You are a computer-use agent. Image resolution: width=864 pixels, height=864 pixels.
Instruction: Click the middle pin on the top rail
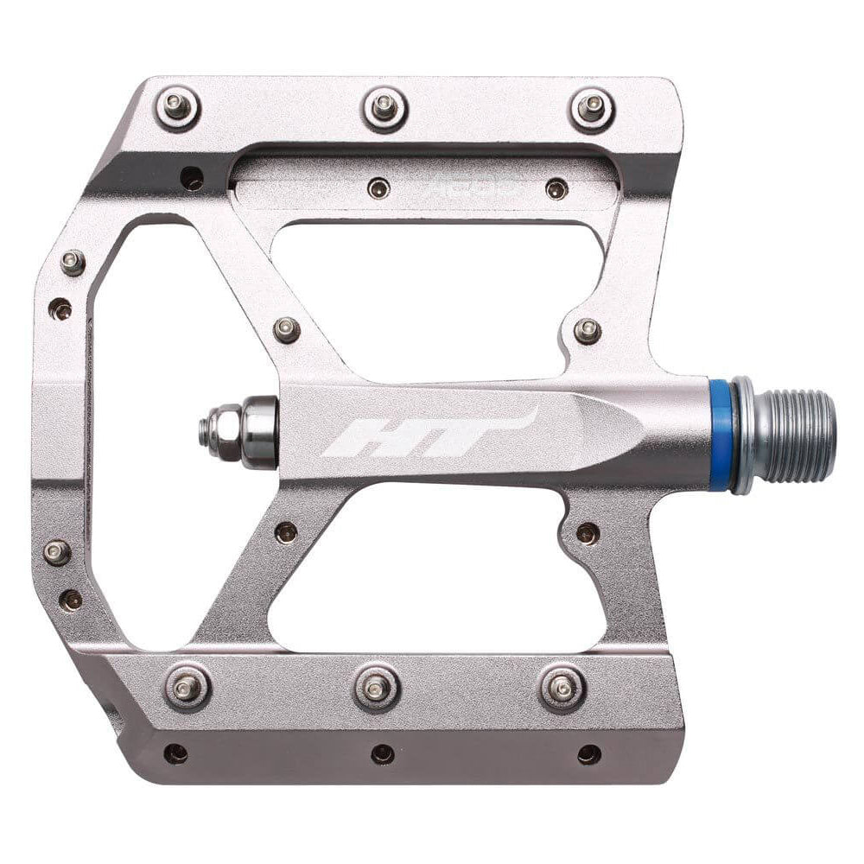(384, 107)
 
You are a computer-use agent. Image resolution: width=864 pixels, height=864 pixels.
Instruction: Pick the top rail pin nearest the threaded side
(592, 109)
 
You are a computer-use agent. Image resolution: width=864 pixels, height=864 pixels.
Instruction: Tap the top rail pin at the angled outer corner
(178, 106)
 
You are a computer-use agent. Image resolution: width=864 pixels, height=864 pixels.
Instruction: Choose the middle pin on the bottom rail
(376, 686)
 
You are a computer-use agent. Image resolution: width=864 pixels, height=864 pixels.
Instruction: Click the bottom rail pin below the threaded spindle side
(562, 686)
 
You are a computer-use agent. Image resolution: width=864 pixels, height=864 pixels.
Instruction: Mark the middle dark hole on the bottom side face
(383, 754)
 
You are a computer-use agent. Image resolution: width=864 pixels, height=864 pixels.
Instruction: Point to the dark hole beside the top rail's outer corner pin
(192, 179)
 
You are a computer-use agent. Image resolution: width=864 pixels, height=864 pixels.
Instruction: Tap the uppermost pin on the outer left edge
(73, 262)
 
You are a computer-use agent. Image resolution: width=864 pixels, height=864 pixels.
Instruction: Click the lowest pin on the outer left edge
(72, 599)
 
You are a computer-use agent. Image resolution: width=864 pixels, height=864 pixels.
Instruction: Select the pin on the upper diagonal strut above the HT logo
(286, 329)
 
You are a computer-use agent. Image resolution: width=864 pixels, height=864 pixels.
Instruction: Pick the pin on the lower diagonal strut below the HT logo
(286, 531)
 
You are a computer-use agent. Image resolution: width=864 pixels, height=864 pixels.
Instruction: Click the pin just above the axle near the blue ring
(588, 330)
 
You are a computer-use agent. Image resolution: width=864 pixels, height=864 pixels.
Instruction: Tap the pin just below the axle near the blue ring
(587, 532)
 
